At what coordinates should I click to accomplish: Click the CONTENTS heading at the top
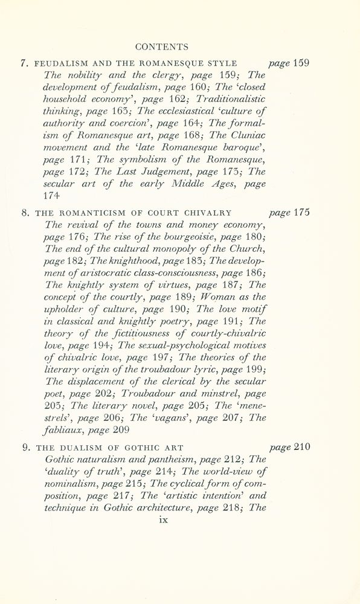[x=162, y=47]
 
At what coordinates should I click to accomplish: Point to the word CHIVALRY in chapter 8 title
[x=209, y=213]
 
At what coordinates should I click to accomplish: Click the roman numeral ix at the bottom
[x=162, y=519]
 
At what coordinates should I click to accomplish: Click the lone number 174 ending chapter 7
[x=54, y=196]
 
